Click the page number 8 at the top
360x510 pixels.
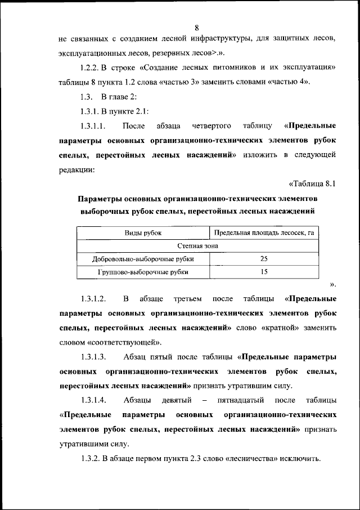tap(197, 28)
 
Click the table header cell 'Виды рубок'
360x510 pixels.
tap(143, 232)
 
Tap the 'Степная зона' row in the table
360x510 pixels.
tap(198, 246)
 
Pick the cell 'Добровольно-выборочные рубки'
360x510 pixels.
tap(143, 259)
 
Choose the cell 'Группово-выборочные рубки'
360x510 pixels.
tap(143, 272)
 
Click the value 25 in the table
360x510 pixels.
tap(264, 259)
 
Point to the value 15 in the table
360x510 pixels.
tap(264, 272)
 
